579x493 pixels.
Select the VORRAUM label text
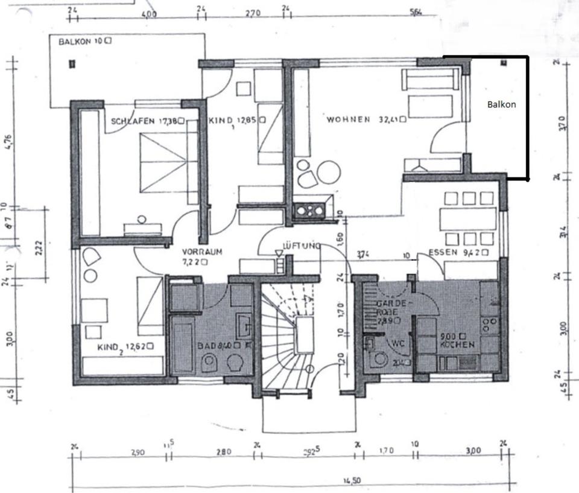click(x=203, y=252)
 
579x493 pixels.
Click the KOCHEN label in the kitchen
click(x=457, y=344)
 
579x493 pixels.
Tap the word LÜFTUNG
click(x=300, y=246)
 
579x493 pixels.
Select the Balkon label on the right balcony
click(x=501, y=104)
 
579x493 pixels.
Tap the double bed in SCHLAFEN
click(x=163, y=161)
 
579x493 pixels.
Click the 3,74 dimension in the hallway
click(x=362, y=255)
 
